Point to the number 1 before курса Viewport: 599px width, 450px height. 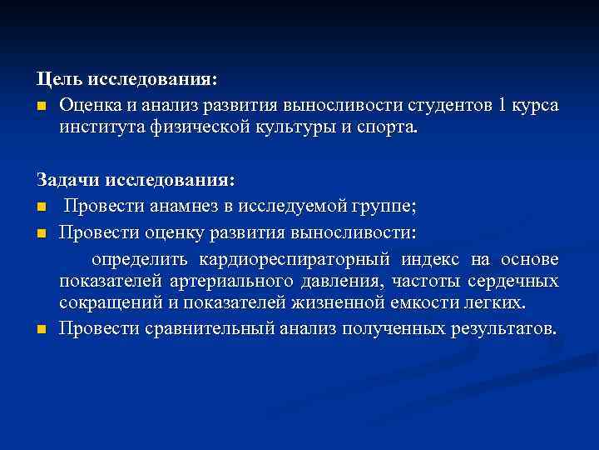pyautogui.click(x=502, y=106)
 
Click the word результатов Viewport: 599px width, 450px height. pyautogui.click(x=504, y=327)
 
